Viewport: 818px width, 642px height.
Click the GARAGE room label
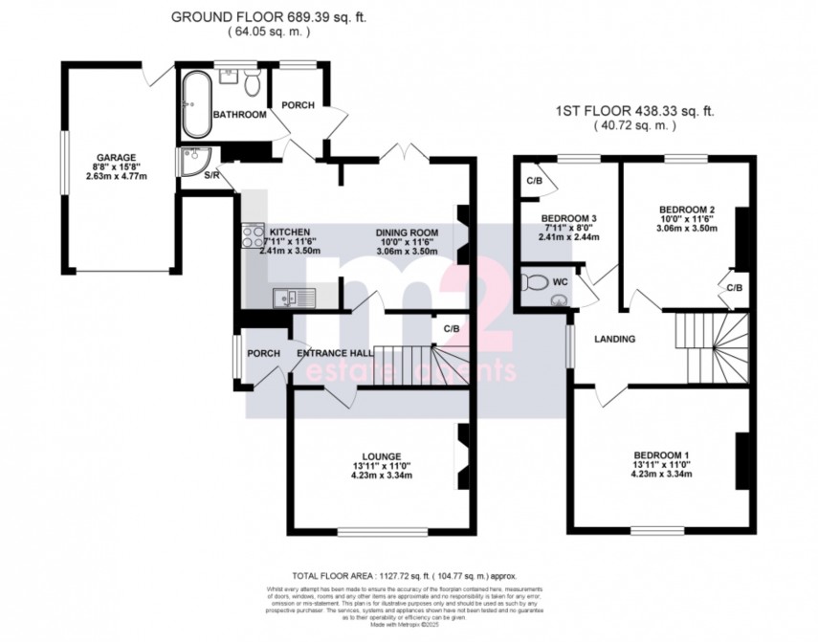(116, 158)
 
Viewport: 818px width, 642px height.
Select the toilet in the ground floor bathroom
(252, 84)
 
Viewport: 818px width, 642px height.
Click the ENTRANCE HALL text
(335, 353)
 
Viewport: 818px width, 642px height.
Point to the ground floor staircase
(421, 365)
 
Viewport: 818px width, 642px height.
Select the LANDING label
(616, 339)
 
